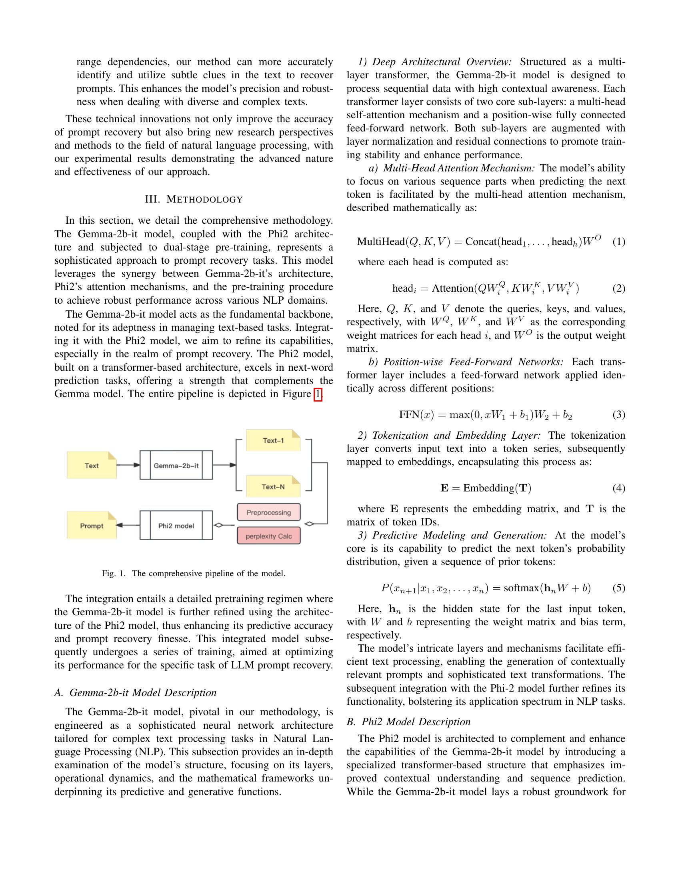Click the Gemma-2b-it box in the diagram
[176, 465]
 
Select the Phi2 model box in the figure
[176, 526]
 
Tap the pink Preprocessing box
[269, 512]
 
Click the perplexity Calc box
[269, 536]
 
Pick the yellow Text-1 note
[273, 440]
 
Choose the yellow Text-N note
[273, 487]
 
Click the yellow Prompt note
[92, 526]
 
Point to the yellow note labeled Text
[92, 465]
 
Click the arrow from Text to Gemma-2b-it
[128, 465]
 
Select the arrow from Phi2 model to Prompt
[128, 525]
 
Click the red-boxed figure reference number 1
[318, 394]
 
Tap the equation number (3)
[618, 415]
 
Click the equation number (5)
[618, 589]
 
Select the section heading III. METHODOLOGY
[194, 200]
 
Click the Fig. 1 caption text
[194, 573]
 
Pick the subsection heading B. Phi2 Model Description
[408, 722]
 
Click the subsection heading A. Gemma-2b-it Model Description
[135, 693]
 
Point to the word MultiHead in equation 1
[381, 241]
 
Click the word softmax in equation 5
[521, 589]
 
